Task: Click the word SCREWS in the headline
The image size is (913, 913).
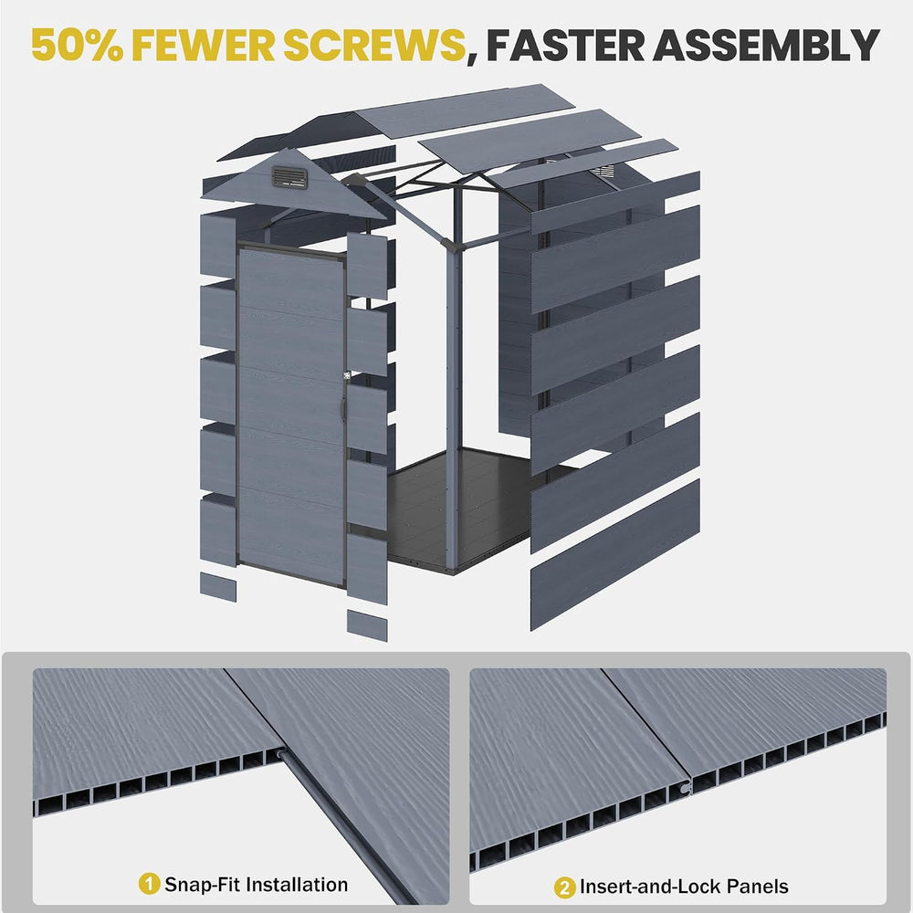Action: point(375,45)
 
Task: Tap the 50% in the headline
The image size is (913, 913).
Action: point(77,45)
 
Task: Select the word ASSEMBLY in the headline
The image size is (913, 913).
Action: point(766,45)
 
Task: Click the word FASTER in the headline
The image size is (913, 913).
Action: point(565,45)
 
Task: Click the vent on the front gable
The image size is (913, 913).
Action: point(290,177)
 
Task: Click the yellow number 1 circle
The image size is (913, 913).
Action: point(149,883)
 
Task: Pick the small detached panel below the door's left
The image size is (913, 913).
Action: point(218,586)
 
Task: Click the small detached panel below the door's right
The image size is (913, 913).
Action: point(367,624)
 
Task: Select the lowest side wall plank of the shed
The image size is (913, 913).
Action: point(614,555)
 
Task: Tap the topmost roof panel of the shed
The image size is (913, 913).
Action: point(464,110)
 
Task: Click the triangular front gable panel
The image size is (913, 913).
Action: point(294,184)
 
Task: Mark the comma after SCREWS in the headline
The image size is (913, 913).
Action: point(472,58)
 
